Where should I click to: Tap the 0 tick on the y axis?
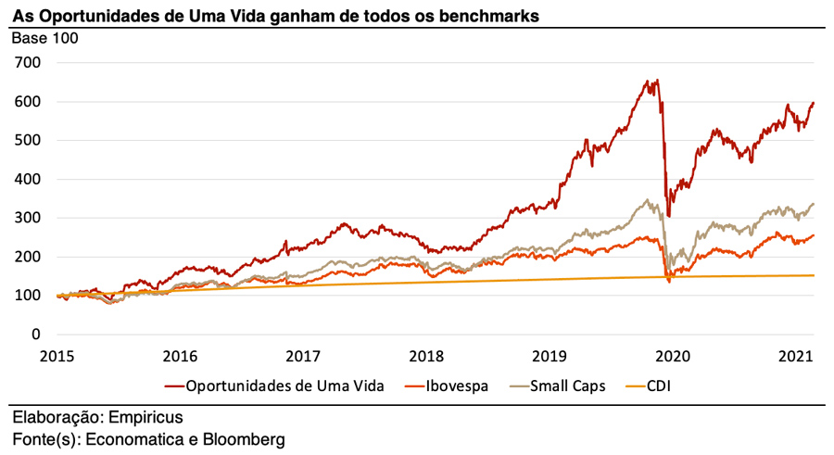coord(36,334)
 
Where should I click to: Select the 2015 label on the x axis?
coord(57,355)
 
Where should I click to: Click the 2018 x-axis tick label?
coord(427,355)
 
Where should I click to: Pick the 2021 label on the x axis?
coord(797,355)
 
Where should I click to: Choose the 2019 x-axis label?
coord(550,355)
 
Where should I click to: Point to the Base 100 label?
coord(44,38)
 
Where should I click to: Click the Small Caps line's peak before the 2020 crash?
coord(646,199)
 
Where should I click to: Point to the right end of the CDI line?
coord(815,275)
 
